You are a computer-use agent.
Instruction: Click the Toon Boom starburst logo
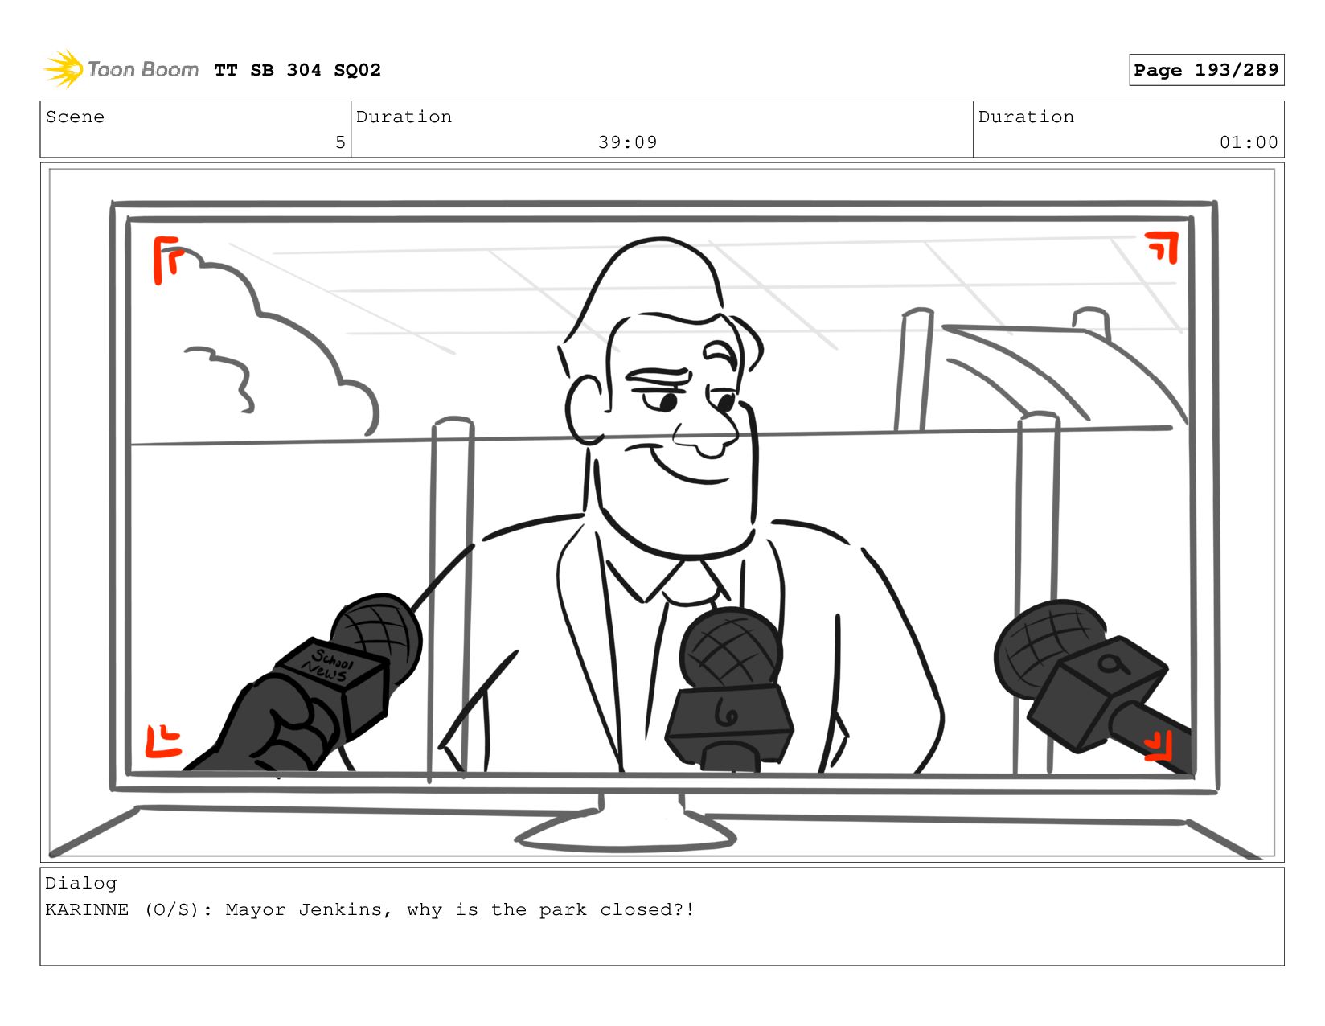(x=64, y=69)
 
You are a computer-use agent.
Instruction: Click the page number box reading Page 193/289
(x=1205, y=69)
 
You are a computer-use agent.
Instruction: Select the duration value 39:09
(x=627, y=142)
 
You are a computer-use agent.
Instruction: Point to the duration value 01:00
(x=1248, y=142)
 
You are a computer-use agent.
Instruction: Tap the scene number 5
(x=340, y=142)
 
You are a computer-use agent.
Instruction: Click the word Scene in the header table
(x=75, y=117)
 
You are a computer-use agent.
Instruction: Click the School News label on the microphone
(x=327, y=665)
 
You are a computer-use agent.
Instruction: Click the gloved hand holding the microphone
(x=269, y=726)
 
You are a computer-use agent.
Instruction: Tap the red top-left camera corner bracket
(x=166, y=260)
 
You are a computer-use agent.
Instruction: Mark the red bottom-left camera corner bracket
(x=162, y=741)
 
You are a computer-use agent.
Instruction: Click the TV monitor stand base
(x=625, y=836)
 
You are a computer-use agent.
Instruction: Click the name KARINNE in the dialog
(x=87, y=909)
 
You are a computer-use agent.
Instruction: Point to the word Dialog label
(x=81, y=884)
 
